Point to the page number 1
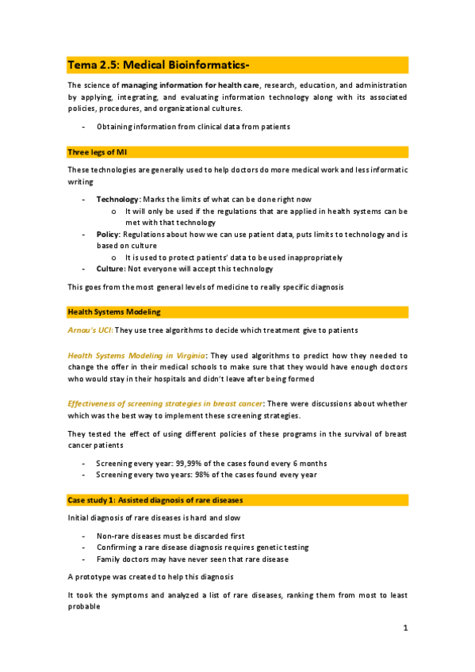tap(404, 628)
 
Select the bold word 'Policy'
tap(109, 235)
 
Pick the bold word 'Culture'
tap(111, 269)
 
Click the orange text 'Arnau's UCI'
tap(90, 330)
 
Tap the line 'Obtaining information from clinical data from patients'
tap(193, 127)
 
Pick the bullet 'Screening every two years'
tap(206, 474)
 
